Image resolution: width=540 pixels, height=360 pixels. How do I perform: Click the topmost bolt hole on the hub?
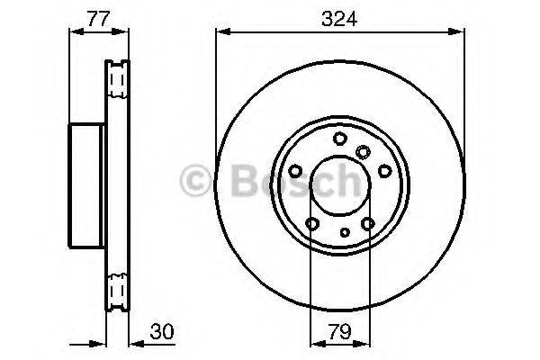tap(339, 138)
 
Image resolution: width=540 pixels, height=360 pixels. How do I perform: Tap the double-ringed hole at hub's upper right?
tap(363, 151)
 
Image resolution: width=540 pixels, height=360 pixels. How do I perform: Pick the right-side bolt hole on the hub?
tap(384, 171)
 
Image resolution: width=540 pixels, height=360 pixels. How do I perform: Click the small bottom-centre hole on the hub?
tap(346, 231)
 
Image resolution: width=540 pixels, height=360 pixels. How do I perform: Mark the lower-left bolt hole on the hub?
tap(311, 224)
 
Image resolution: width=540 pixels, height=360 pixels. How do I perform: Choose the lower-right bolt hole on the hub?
tap(368, 224)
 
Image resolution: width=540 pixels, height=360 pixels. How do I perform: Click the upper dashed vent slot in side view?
tap(115, 83)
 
